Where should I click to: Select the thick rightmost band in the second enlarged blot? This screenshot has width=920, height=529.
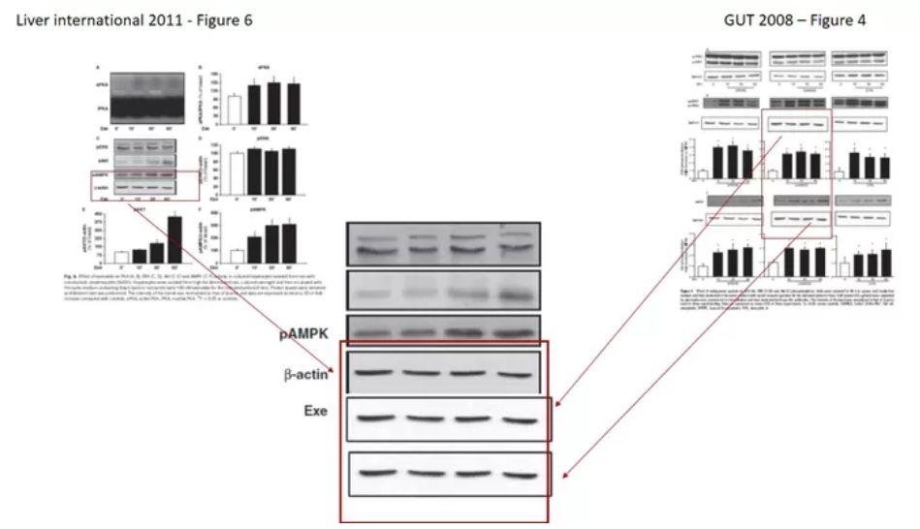click(x=512, y=294)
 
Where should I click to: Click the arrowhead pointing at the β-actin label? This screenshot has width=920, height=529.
click(x=333, y=370)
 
